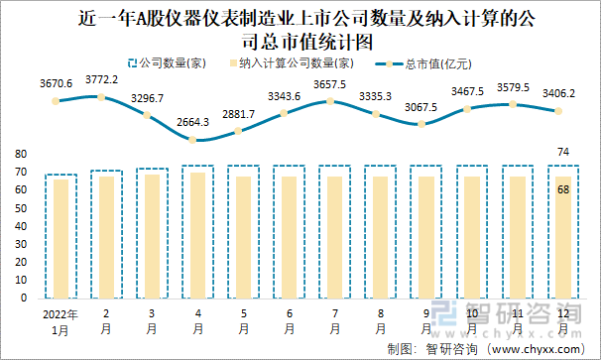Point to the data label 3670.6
[x=57, y=84]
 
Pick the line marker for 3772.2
[x=102, y=96]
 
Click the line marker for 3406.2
[x=557, y=111]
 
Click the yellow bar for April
[x=198, y=235]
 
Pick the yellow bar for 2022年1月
[x=61, y=238]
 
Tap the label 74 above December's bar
[x=563, y=152]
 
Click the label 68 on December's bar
[x=563, y=188]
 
